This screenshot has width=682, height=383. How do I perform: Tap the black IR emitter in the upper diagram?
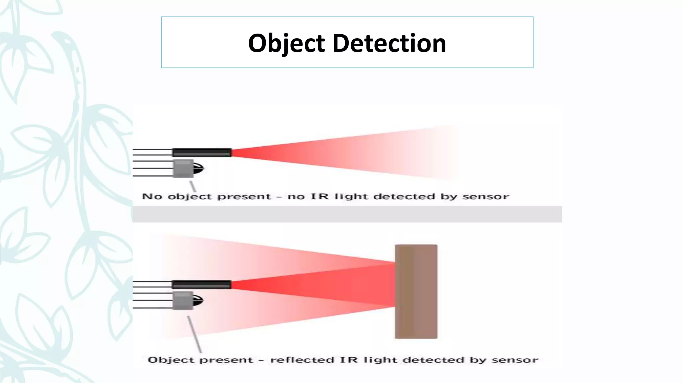click(202, 153)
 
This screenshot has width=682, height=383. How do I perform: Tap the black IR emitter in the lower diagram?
click(201, 285)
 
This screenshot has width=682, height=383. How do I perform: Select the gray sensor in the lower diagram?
click(183, 301)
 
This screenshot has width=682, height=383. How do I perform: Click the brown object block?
click(416, 292)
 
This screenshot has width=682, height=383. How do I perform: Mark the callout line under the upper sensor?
click(192, 186)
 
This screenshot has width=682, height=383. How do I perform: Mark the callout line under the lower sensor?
click(194, 334)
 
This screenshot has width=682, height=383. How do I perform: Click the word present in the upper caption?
click(244, 197)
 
